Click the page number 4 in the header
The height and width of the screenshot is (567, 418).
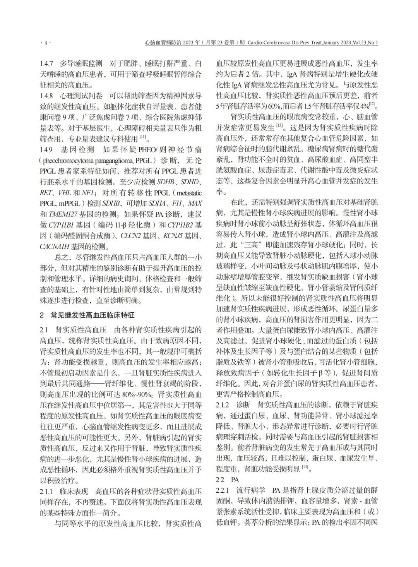click(x=46, y=43)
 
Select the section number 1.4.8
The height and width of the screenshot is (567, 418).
click(x=48, y=95)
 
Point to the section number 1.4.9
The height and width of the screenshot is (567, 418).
click(x=48, y=150)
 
